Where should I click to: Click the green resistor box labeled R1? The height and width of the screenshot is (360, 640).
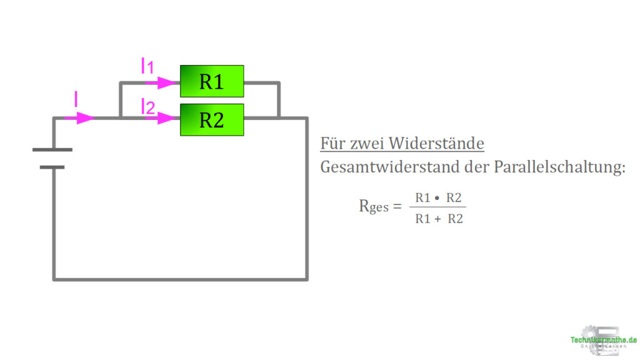212,81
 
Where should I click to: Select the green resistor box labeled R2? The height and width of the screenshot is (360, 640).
212,119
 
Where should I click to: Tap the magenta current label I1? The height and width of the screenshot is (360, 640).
147,66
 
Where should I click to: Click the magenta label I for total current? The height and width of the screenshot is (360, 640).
76,99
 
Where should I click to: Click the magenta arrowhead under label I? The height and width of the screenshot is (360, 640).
85,117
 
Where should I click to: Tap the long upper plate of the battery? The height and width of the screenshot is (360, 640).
52,150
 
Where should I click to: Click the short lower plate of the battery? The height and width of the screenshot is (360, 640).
52,167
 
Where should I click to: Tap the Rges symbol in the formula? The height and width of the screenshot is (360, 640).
374,206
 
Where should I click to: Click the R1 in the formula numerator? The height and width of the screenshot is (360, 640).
423,198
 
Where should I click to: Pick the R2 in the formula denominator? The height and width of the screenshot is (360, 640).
456,219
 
